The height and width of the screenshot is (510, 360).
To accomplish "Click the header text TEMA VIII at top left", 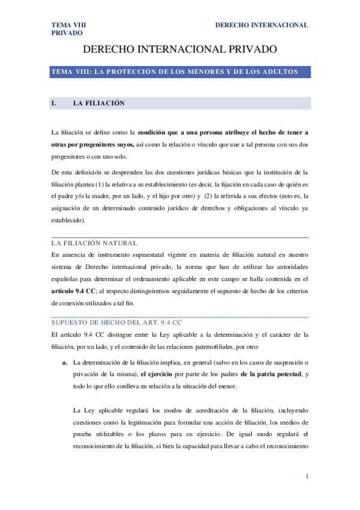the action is point(69,25).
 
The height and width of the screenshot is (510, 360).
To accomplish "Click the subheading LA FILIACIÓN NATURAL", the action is point(94,243).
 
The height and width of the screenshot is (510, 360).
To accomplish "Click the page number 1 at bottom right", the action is point(307,477).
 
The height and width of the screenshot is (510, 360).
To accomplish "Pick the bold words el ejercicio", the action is point(159,375).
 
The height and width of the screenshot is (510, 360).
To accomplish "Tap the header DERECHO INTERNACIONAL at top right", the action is point(261,25).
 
